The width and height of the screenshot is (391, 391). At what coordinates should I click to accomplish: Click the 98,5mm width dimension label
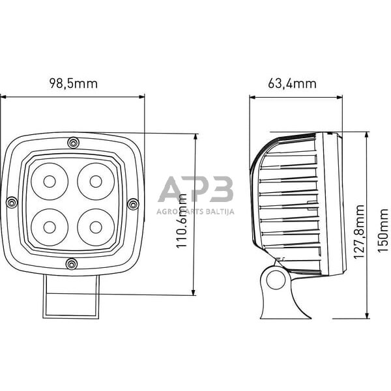tap(73, 83)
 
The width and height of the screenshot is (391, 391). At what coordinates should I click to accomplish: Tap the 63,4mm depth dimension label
tap(292, 83)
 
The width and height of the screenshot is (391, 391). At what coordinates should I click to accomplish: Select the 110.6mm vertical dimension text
tap(182, 221)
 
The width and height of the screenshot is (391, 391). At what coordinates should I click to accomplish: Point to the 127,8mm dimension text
tap(359, 232)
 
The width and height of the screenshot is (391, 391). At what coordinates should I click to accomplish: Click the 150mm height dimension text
tap(383, 231)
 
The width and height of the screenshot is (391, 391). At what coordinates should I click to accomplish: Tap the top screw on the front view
tap(73, 143)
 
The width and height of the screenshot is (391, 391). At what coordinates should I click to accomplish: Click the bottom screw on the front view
tap(72, 264)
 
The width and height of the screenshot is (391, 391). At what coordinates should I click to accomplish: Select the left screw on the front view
tap(12, 202)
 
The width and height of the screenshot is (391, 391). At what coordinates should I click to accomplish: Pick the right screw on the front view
tap(133, 204)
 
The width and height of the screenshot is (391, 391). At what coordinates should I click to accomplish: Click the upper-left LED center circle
tap(50, 182)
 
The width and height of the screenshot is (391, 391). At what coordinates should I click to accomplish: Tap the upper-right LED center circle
tap(96, 182)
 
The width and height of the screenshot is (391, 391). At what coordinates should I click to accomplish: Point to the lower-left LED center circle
tap(50, 227)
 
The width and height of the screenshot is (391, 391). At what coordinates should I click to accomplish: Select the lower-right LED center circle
tap(96, 227)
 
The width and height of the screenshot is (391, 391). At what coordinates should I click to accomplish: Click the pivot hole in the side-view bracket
tap(276, 280)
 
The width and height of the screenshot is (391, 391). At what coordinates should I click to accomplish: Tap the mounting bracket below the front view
tap(71, 297)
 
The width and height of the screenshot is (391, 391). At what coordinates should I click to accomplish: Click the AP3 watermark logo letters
tap(195, 189)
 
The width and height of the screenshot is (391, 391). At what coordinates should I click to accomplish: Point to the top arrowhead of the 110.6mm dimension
tap(195, 137)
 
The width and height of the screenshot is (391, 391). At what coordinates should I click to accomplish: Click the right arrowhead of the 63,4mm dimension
tap(340, 97)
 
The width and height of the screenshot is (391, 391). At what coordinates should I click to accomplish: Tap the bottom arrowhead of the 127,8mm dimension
tap(367, 315)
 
